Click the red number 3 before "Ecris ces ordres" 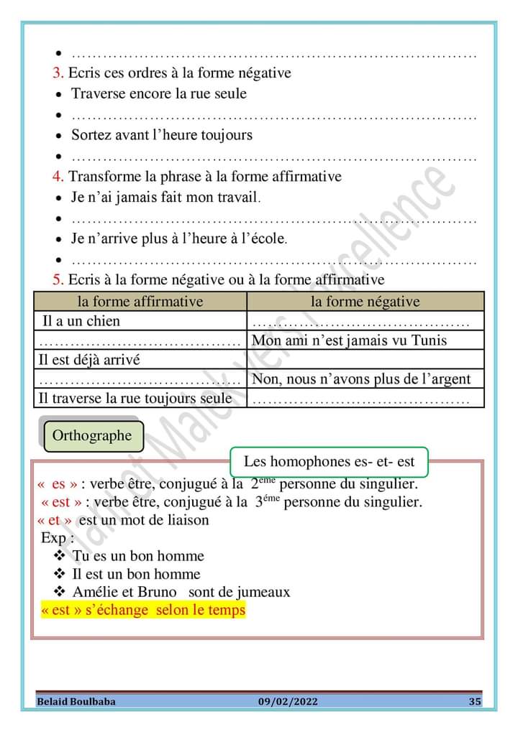point(58,73)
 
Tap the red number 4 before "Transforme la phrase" point(58,177)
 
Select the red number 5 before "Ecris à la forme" point(58,280)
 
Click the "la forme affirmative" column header point(140,302)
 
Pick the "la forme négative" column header point(365,302)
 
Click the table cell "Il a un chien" point(79,321)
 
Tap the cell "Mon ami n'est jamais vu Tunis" point(350,340)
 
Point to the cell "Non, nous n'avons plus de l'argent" point(361,379)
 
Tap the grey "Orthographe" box point(92,435)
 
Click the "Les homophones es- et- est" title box point(330,462)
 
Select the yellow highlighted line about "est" point(143,611)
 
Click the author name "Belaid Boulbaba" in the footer point(76,701)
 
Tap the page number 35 point(474,701)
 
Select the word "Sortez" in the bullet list point(91,135)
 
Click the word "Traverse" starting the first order point(99,94)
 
